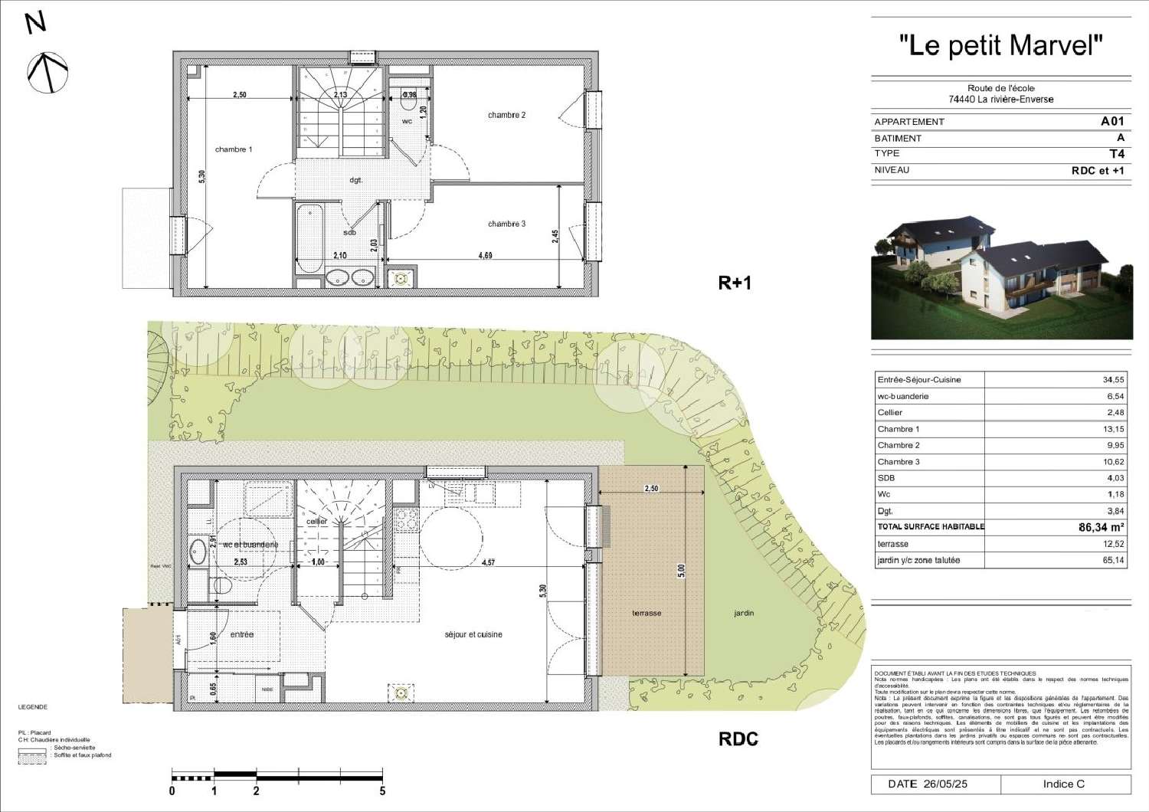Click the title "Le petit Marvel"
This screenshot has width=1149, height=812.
(x=1000, y=45)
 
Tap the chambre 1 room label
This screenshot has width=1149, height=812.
(x=233, y=149)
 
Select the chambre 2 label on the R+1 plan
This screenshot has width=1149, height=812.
(x=506, y=115)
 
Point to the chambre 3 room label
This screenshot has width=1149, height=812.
(x=506, y=224)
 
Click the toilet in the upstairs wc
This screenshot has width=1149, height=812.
(x=408, y=101)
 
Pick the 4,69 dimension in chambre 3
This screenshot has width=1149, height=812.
(x=485, y=255)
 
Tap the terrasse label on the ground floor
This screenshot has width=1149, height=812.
(x=647, y=613)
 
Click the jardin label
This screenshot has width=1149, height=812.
(x=743, y=613)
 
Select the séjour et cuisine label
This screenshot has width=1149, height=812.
(x=473, y=634)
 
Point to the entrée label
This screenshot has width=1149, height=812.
(x=241, y=634)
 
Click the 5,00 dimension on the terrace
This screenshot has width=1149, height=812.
(x=681, y=571)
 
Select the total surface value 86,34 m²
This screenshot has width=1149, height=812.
(x=1101, y=527)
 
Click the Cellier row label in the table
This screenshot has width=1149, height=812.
(x=890, y=412)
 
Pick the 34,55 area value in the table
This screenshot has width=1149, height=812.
(x=1113, y=379)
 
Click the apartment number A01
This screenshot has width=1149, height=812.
(x=1112, y=121)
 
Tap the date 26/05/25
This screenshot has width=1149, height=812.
(x=945, y=784)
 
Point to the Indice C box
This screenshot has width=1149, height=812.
(x=1064, y=784)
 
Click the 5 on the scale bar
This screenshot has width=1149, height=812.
(x=382, y=791)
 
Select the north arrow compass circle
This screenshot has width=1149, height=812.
(x=47, y=73)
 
